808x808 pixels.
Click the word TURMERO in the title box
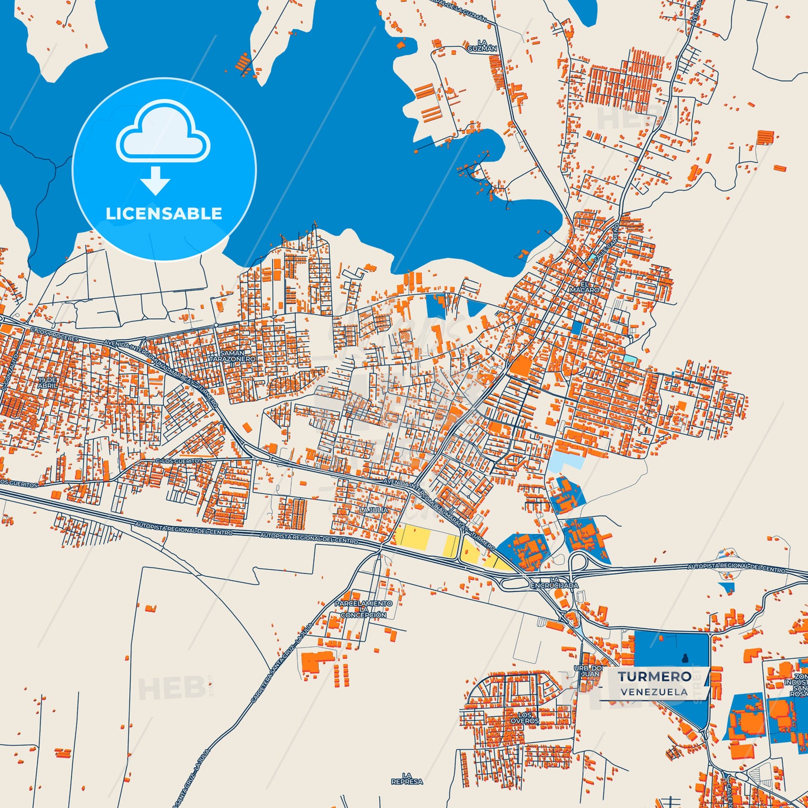tap(654, 677)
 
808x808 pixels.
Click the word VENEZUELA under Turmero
tap(654, 692)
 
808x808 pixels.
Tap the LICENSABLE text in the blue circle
tap(164, 214)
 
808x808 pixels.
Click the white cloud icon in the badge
tap(163, 132)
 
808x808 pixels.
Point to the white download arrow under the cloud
tap(155, 180)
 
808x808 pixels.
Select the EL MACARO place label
tap(584, 287)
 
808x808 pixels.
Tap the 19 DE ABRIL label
tap(48, 383)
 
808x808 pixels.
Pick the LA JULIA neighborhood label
tap(374, 510)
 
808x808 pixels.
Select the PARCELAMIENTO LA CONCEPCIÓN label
tap(363, 609)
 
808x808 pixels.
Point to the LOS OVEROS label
tap(525, 718)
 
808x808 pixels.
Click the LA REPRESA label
tap(407, 778)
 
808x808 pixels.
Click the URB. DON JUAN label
tap(589, 671)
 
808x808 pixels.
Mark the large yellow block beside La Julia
tap(412, 537)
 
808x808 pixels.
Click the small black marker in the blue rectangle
tap(685, 657)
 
